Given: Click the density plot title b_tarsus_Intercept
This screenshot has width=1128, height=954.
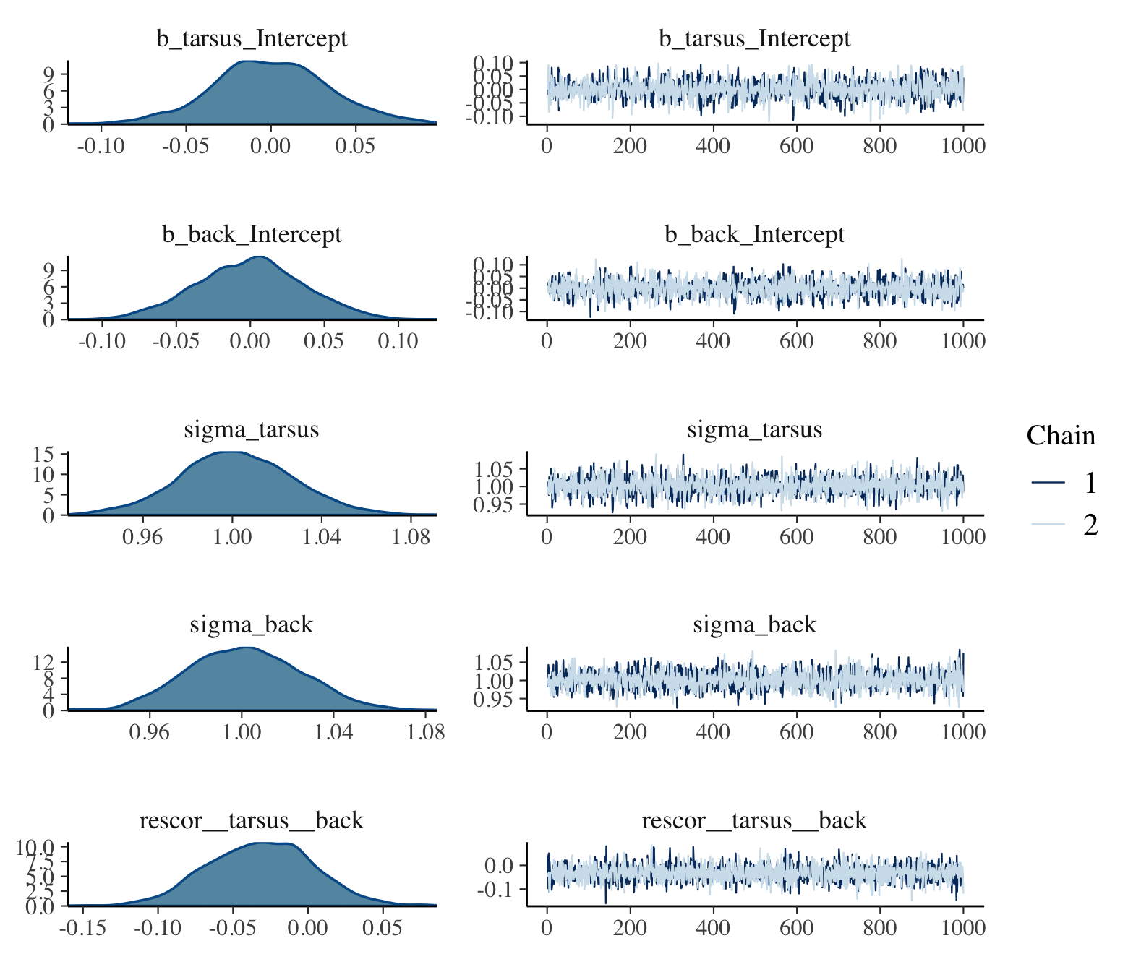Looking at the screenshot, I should pos(252,38).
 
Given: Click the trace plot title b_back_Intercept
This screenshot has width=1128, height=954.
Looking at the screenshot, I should pos(754,234).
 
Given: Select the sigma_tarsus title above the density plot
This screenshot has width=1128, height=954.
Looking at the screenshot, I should pos(252,429).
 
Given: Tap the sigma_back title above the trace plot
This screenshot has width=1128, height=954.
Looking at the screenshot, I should pos(754,624).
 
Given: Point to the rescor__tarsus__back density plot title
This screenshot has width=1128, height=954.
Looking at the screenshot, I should pos(252,820).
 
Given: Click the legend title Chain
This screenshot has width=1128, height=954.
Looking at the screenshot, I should pos(1061,436).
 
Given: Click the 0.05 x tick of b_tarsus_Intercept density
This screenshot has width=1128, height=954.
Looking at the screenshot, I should pos(355,146).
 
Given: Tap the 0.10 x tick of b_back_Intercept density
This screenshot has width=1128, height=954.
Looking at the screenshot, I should pos(398,341).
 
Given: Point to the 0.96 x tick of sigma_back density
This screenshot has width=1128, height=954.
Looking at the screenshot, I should pos(150,732).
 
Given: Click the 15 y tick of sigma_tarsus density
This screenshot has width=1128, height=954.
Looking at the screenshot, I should pos(45,454).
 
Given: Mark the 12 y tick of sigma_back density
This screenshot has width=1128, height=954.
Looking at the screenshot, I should pos(45,662).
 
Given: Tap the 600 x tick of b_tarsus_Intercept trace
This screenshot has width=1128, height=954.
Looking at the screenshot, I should pos(796,146).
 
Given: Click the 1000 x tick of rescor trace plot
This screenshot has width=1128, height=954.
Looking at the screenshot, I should pos(962,927).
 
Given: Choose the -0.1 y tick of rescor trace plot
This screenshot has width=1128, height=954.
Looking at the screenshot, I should pos(495,889).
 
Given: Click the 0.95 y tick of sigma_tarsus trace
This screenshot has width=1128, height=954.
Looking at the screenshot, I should pos(494,504).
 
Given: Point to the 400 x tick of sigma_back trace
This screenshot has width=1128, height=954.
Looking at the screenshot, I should pos(713,732).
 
